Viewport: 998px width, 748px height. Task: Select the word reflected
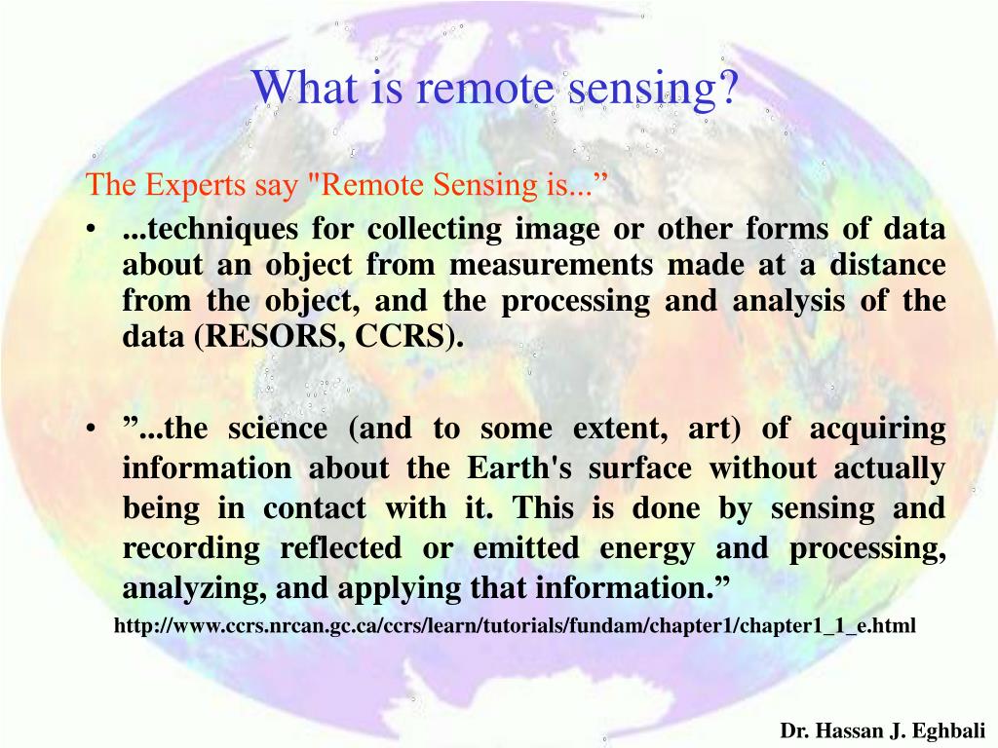pyautogui.click(x=340, y=548)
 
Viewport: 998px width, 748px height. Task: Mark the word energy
pyautogui.click(x=646, y=548)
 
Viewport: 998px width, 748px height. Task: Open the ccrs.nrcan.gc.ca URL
pyautogui.click(x=515, y=625)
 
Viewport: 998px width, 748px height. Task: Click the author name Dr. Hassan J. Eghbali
pyautogui.click(x=883, y=730)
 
